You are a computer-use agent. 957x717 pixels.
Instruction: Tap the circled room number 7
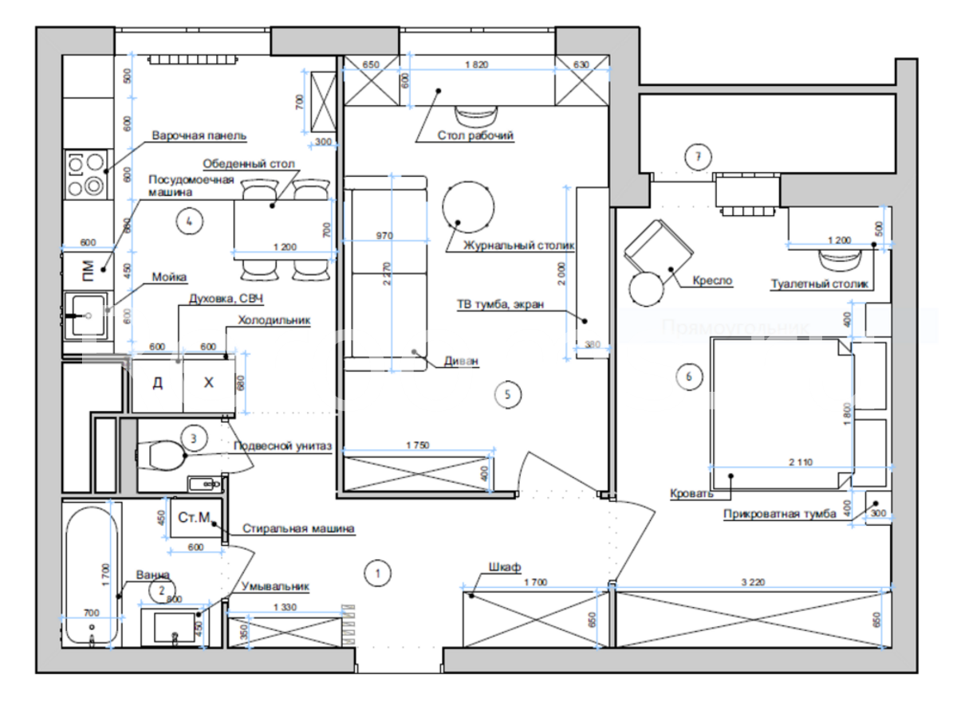(698, 156)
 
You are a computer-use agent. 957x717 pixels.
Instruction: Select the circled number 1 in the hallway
(377, 571)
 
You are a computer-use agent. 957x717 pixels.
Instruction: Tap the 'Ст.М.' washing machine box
(194, 519)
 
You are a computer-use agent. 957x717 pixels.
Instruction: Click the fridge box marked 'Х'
(209, 383)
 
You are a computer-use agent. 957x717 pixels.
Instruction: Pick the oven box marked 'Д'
(157, 383)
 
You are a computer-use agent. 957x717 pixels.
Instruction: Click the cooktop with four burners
(85, 174)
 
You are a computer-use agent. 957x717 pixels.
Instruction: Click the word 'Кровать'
(691, 494)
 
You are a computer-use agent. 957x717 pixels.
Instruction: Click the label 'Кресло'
(712, 281)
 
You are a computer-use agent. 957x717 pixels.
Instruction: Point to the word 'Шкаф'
(506, 566)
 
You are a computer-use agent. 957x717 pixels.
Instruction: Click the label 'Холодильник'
(274, 321)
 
